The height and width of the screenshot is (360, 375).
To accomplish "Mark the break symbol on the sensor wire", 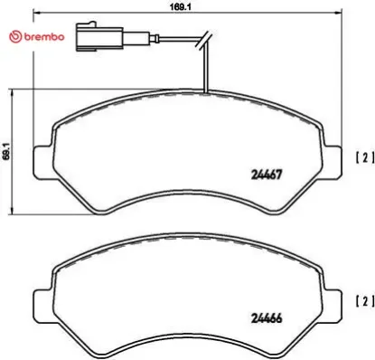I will tap(206, 39).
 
